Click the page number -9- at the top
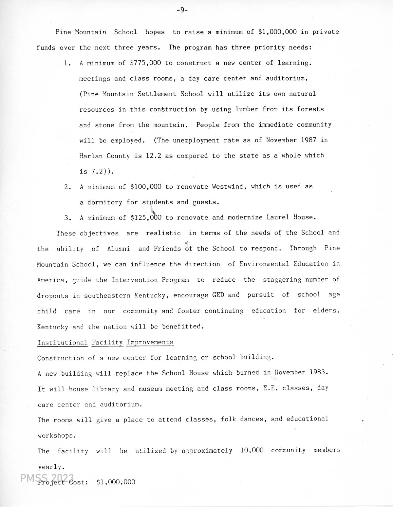182,10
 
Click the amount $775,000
145,63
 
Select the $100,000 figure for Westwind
146,187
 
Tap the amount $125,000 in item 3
146,217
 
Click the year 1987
308,140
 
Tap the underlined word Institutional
62,343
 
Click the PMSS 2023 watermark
47,479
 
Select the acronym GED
218,295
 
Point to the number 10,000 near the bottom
252,450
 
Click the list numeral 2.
67,187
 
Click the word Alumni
119,249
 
